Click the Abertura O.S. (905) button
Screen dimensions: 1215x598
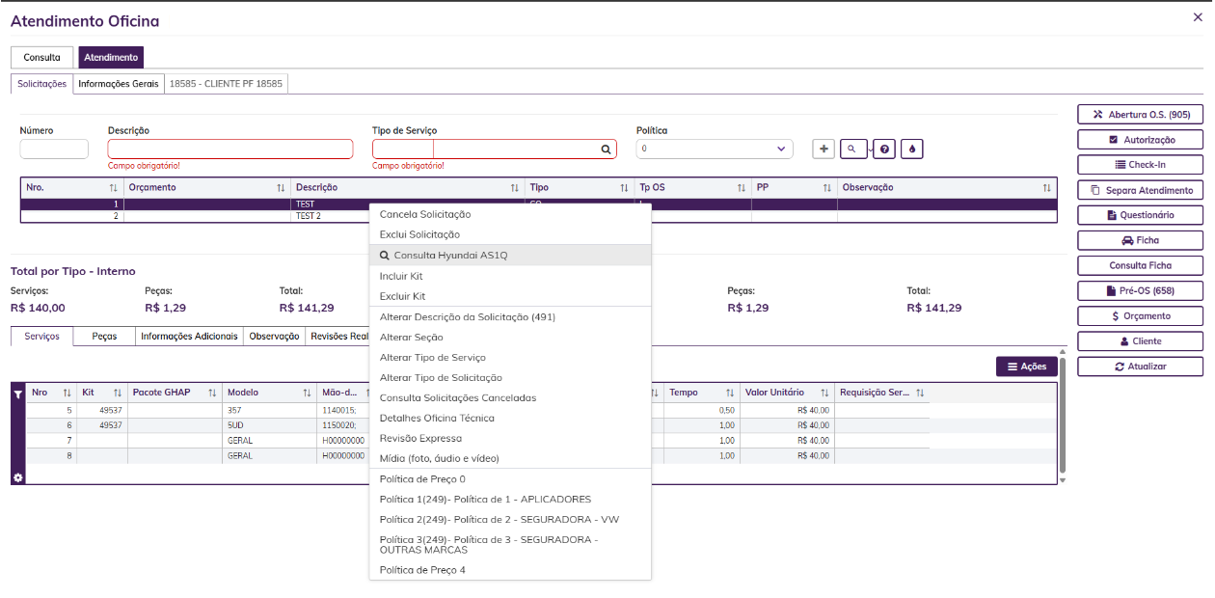pyautogui.click(x=1140, y=115)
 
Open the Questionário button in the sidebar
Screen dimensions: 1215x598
pyautogui.click(x=1140, y=215)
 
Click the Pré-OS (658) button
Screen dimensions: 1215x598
pyautogui.click(x=1140, y=290)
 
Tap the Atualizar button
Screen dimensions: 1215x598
pyautogui.click(x=1140, y=367)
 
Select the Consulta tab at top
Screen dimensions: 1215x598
pyautogui.click(x=41, y=57)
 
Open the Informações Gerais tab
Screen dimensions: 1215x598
pyautogui.click(x=119, y=84)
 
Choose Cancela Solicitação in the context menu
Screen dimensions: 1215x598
pyautogui.click(x=425, y=214)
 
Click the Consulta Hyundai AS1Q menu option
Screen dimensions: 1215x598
pyautogui.click(x=450, y=255)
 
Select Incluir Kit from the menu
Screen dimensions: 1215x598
pyautogui.click(x=401, y=276)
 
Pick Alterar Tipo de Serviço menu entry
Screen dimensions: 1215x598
pyautogui.click(x=433, y=358)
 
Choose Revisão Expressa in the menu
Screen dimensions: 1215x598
pyautogui.click(x=420, y=439)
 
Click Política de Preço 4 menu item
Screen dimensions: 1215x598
pyautogui.click(x=422, y=570)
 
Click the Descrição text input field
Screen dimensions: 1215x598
pyautogui.click(x=230, y=149)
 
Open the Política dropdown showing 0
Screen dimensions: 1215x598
pyautogui.click(x=715, y=149)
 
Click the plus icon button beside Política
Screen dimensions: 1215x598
pyautogui.click(x=823, y=149)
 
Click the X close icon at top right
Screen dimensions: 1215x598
pyautogui.click(x=1198, y=17)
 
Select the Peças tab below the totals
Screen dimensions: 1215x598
pyautogui.click(x=104, y=337)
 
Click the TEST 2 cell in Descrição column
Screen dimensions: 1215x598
pyautogui.click(x=309, y=216)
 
